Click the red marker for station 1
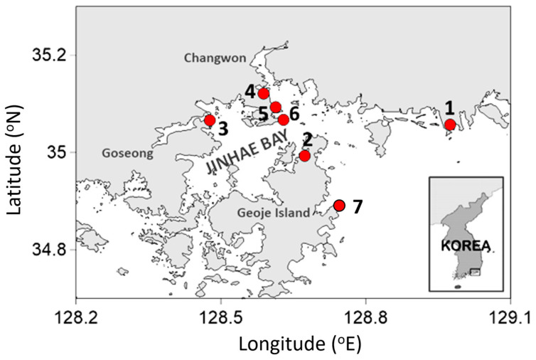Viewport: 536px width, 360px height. [x=450, y=125]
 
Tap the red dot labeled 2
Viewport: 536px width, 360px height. [x=305, y=156]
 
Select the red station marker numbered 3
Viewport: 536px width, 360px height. [x=210, y=120]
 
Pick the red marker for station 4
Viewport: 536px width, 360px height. [x=264, y=93]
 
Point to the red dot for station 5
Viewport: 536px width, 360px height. [x=276, y=107]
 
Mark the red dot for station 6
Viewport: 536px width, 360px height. [x=284, y=120]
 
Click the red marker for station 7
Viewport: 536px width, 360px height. [x=339, y=205]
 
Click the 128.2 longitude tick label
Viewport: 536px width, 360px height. [x=76, y=314]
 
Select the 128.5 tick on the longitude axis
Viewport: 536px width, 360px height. [x=221, y=314]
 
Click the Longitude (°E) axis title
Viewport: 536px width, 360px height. [x=292, y=344]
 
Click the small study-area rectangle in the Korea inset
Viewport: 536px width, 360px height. [x=475, y=272]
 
